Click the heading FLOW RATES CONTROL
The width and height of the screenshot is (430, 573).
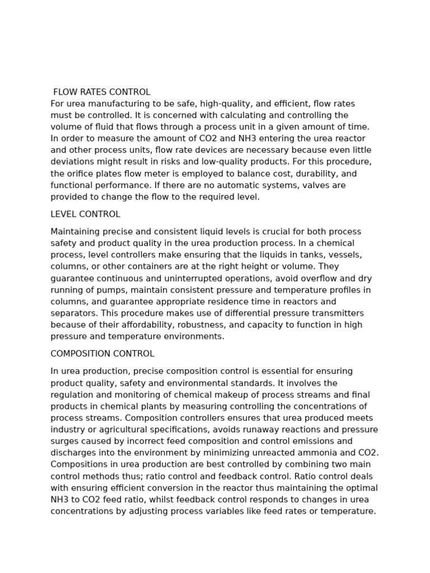101,92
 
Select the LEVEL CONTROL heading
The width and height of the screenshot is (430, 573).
85,214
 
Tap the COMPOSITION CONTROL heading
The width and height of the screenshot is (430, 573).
102,354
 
